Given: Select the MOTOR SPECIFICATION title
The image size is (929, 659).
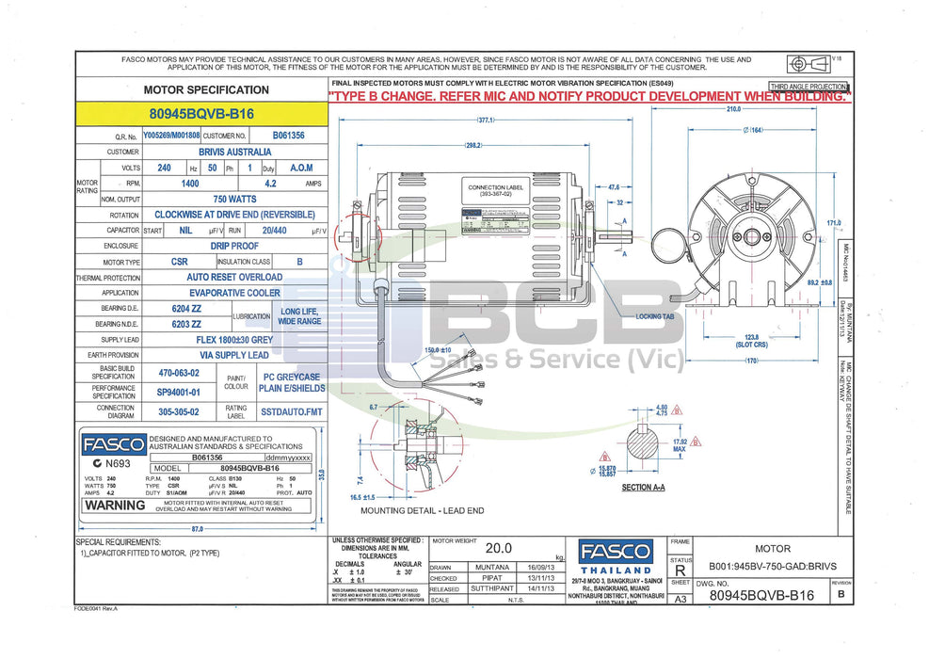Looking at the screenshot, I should [x=205, y=89].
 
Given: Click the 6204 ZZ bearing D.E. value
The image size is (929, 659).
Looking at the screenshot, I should [x=183, y=309].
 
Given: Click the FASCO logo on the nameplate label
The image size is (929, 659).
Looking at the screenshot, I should [x=113, y=445].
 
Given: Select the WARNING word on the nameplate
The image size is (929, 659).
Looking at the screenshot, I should [x=115, y=505].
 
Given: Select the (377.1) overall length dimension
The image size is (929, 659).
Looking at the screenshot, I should [x=486, y=121].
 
